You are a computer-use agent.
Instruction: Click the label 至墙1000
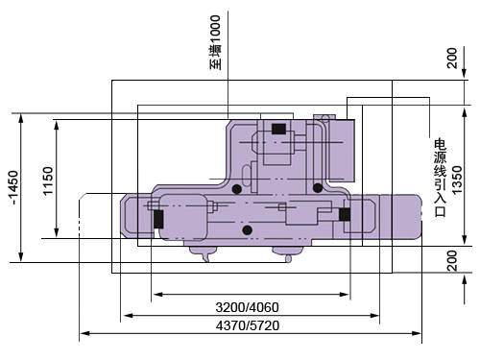(x=215, y=42)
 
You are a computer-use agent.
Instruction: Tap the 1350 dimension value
(x=457, y=180)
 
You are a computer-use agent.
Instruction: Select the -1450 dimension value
(x=13, y=188)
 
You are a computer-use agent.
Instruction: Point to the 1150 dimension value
(x=48, y=181)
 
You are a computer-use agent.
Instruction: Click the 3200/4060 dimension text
(x=247, y=307)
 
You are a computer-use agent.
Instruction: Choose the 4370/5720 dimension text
(x=248, y=325)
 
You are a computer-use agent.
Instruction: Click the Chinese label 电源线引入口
(x=440, y=178)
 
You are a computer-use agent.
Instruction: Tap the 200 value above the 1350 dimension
(x=452, y=58)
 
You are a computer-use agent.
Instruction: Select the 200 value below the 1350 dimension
(x=452, y=260)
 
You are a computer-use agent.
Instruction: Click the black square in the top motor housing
(x=278, y=129)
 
